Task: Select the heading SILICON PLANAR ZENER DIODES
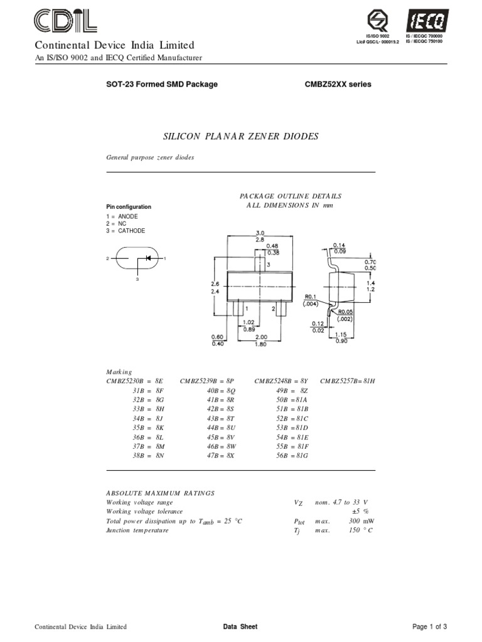(240, 137)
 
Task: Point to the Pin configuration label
(128, 207)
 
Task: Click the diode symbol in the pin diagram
(148, 258)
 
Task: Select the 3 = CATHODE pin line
(126, 231)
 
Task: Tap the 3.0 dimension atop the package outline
(260, 233)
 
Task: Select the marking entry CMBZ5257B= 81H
(347, 381)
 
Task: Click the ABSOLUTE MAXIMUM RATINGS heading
(160, 493)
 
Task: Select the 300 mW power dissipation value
(360, 521)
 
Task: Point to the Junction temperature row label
(137, 530)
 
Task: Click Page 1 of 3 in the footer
(429, 627)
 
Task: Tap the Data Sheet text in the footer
(240, 627)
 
